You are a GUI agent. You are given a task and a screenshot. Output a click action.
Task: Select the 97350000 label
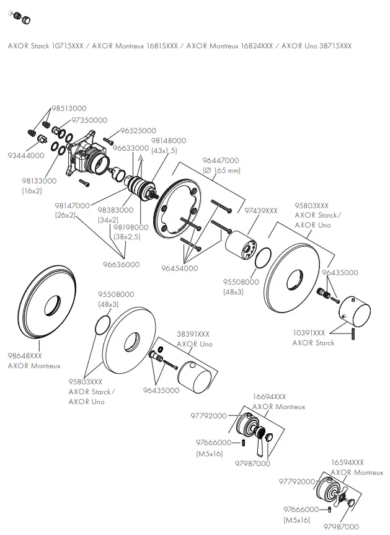click(x=89, y=120)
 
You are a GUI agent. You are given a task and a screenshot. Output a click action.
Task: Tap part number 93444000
click(x=26, y=156)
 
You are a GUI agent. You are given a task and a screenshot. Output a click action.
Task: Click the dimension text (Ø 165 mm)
click(x=221, y=170)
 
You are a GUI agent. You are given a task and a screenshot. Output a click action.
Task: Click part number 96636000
click(x=121, y=265)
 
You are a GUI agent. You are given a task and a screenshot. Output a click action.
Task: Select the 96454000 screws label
click(x=179, y=268)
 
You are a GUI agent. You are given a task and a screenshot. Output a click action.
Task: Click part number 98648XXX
click(x=25, y=356)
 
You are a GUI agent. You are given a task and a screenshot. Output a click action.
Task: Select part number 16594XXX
click(x=347, y=462)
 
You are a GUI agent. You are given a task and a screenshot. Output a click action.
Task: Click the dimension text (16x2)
click(x=32, y=190)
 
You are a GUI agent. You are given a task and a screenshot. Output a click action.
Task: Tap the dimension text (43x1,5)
click(x=164, y=151)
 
